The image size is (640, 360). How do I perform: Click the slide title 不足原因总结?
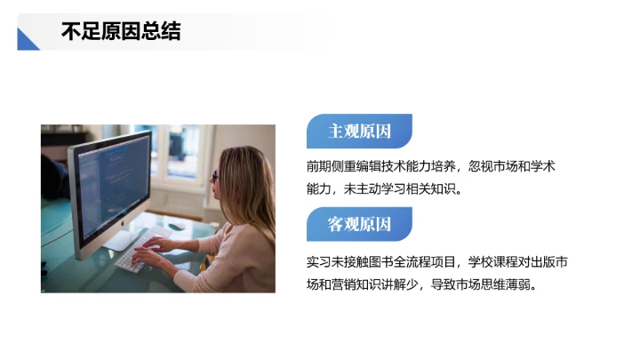coord(121,32)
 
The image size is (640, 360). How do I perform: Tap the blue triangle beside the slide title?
coord(28,40)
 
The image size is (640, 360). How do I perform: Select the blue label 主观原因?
coord(359,132)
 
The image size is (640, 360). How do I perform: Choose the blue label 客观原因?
coord(359,224)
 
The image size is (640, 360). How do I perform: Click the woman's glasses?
coord(215,175)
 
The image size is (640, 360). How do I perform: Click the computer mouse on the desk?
coord(178,226)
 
